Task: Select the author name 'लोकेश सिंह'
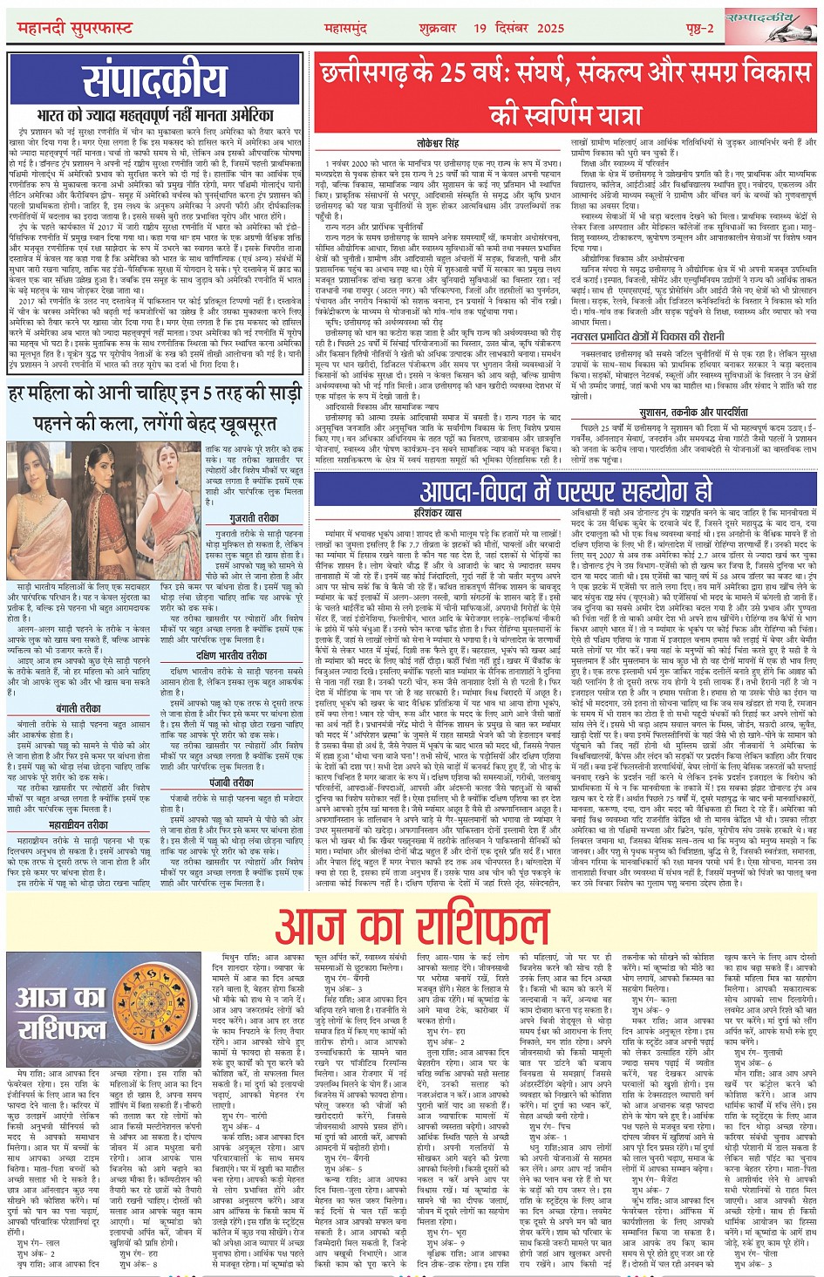[439, 142]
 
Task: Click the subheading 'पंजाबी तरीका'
[231, 782]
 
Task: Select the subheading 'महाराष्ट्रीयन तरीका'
[78, 823]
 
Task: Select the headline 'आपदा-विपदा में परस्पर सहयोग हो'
[565, 491]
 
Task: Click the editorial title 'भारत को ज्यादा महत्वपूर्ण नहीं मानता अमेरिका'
[154, 114]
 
